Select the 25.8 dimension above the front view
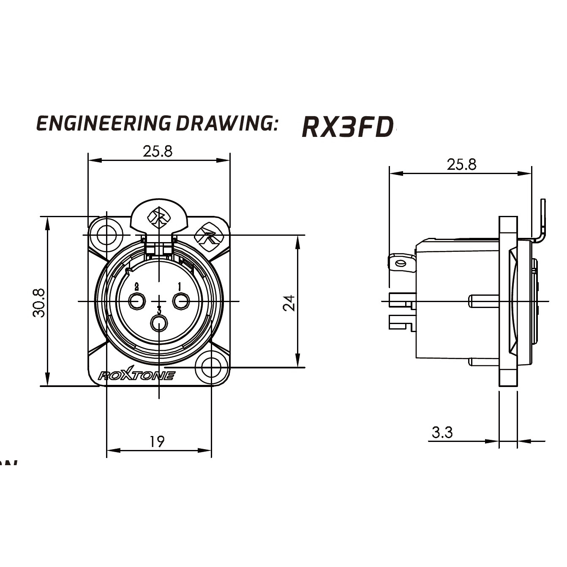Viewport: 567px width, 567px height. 158,151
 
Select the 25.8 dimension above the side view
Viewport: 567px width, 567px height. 461,164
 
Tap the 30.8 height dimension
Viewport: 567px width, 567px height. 39,303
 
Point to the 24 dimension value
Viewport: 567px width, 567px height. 289,303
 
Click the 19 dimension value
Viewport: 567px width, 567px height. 157,442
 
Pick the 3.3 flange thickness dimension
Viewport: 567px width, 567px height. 442,432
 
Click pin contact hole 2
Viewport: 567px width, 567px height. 136,301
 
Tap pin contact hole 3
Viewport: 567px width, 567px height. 159,324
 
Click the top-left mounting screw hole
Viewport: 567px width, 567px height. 106,234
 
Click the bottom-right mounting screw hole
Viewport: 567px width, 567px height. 211,368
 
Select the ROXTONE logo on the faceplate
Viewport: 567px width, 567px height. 136,375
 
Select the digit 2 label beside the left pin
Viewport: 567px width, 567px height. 136,286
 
